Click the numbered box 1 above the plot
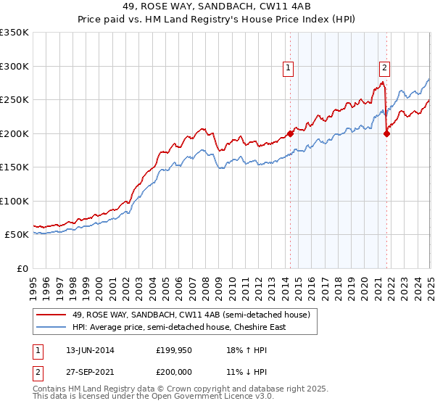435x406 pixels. pos(289,69)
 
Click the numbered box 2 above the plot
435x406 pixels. pos(384,69)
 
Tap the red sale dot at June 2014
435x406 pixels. pos(290,133)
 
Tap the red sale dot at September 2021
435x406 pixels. pos(386,133)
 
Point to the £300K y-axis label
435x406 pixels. pos(14,66)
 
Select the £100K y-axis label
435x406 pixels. pos(14,201)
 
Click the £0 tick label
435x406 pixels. pos(22,268)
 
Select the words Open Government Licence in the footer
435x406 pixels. pos(190,397)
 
